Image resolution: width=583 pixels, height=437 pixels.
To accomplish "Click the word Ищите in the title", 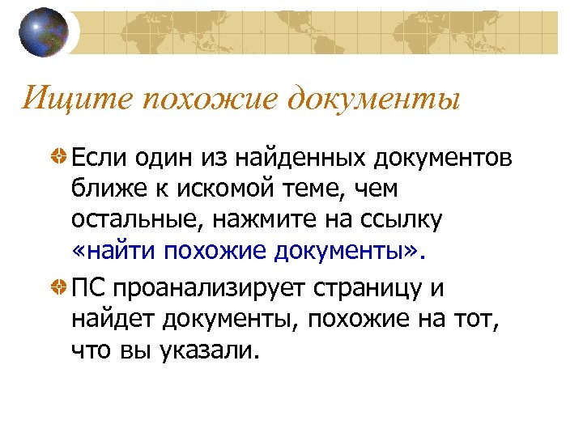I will (x=57, y=100).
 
